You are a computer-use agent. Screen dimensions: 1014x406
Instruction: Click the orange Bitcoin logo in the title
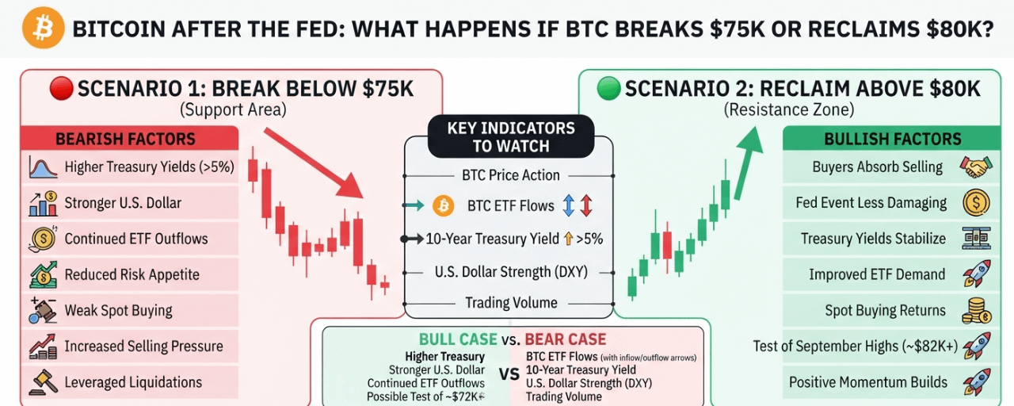tap(44, 28)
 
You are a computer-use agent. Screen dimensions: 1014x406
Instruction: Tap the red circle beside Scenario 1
tap(62, 88)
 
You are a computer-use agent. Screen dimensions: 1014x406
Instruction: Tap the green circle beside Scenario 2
tap(608, 88)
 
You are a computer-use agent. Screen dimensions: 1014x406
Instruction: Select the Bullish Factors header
tap(892, 138)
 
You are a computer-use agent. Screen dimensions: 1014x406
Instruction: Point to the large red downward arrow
tap(314, 163)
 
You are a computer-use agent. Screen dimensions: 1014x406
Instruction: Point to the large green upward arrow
tap(747, 163)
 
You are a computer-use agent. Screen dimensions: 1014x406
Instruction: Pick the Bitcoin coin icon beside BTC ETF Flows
tap(443, 205)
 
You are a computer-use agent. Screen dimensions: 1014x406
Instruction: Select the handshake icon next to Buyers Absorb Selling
tap(976, 167)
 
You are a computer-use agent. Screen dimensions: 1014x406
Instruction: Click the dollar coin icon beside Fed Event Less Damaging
tap(976, 202)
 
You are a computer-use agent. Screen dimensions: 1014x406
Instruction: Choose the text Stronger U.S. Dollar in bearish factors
tap(123, 203)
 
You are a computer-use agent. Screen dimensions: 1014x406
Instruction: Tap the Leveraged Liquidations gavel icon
tap(44, 382)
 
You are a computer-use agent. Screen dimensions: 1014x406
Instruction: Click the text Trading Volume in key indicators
tap(511, 303)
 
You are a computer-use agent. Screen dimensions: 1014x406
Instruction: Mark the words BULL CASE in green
tap(458, 339)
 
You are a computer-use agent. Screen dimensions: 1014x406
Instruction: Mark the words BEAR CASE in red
tap(565, 339)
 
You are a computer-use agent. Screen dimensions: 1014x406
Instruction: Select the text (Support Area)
tap(233, 110)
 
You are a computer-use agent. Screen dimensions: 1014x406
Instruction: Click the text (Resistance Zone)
tap(789, 110)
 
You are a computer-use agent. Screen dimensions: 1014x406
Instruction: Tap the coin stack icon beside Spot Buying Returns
tap(976, 311)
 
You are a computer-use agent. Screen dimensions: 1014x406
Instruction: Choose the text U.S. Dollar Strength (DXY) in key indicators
tap(511, 272)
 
